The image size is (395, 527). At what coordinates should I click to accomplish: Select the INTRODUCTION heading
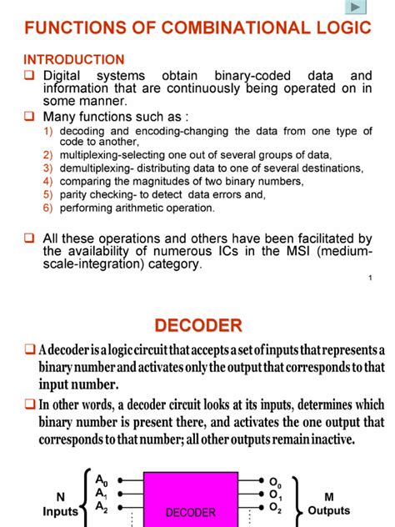[x=74, y=60]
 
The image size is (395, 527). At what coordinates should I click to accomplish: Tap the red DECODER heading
[x=197, y=324]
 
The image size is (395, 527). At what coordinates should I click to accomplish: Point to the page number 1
[x=368, y=279]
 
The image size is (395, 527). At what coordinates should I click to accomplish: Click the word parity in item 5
[x=73, y=193]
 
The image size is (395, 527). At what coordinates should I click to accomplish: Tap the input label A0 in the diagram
[x=102, y=480]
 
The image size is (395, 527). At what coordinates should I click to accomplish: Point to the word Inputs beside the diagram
[x=60, y=511]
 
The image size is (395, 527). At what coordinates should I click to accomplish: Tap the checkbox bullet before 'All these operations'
[x=29, y=238]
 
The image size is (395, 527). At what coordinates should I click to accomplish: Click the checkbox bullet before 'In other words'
[x=29, y=405]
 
